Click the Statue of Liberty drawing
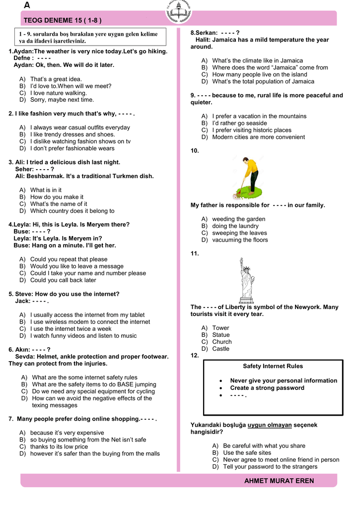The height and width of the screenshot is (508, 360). [247, 280]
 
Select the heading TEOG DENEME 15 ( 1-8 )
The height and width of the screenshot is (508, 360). [63, 20]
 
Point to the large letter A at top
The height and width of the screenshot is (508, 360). [27, 5]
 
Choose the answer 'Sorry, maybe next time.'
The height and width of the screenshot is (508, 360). [62, 100]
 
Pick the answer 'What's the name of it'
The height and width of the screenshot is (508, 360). [58, 204]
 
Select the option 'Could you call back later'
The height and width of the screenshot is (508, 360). [63, 280]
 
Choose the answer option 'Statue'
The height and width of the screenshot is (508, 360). [221, 335]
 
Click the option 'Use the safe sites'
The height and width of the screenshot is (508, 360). [247, 452]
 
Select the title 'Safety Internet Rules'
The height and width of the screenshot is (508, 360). [273, 366]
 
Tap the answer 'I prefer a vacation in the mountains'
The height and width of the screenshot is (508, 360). [259, 116]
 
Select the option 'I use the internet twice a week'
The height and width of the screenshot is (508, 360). [71, 328]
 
